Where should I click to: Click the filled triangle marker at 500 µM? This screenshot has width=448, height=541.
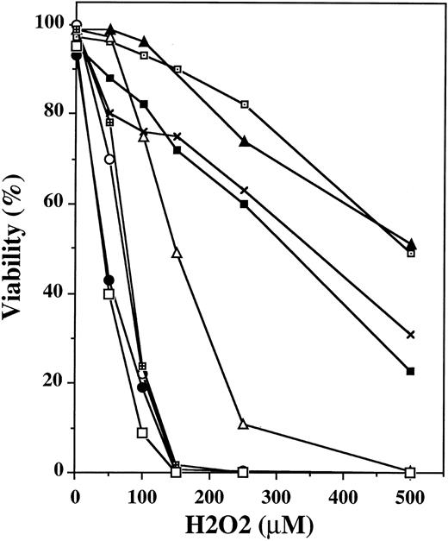click(x=411, y=243)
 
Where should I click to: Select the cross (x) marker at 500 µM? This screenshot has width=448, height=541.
click(x=411, y=334)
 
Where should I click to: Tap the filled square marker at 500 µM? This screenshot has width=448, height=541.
click(x=411, y=371)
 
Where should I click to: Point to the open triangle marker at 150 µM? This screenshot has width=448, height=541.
click(x=177, y=253)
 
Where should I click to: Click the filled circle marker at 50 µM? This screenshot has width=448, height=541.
click(x=109, y=280)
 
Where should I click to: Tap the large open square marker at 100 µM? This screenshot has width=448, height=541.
click(x=142, y=432)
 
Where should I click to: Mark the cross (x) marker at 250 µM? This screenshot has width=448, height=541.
click(x=244, y=190)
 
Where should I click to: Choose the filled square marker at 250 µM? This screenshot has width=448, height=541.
click(x=244, y=204)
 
